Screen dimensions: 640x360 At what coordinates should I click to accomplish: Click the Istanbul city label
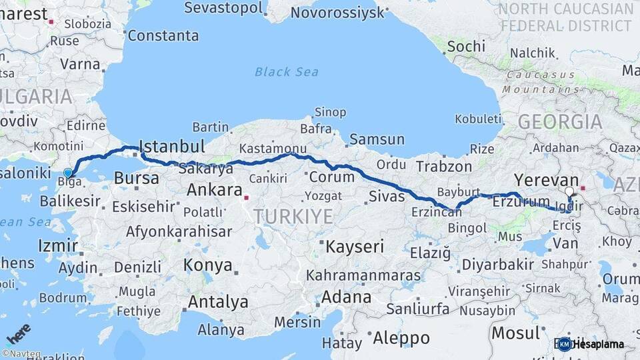pos(171,147)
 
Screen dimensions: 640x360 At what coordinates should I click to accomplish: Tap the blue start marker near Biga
pos(67,173)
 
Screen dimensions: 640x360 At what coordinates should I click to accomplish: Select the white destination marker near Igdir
pos(569,192)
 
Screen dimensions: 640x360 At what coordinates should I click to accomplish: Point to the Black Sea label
pos(286,72)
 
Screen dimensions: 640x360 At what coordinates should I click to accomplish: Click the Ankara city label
pos(214,190)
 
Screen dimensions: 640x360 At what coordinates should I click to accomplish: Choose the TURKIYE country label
pos(292,216)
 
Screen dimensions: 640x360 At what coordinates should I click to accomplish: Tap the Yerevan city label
pos(546,180)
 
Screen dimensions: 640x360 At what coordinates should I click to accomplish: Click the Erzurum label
pos(521,201)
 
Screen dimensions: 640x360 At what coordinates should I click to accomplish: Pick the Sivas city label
pos(387,196)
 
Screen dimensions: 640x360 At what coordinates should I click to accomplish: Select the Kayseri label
pos(355,247)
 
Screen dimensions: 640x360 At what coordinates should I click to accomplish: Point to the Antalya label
pos(218,302)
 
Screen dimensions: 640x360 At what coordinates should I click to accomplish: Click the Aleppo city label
pos(401,338)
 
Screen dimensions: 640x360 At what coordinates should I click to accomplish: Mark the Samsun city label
pos(377,139)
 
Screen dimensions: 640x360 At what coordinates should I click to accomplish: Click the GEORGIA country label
pos(560,122)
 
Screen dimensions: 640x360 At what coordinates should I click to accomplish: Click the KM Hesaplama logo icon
pos(565,344)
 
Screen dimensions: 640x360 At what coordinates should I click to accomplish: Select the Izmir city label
pos(58,245)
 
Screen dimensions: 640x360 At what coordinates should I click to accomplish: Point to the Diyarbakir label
pos(498,264)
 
